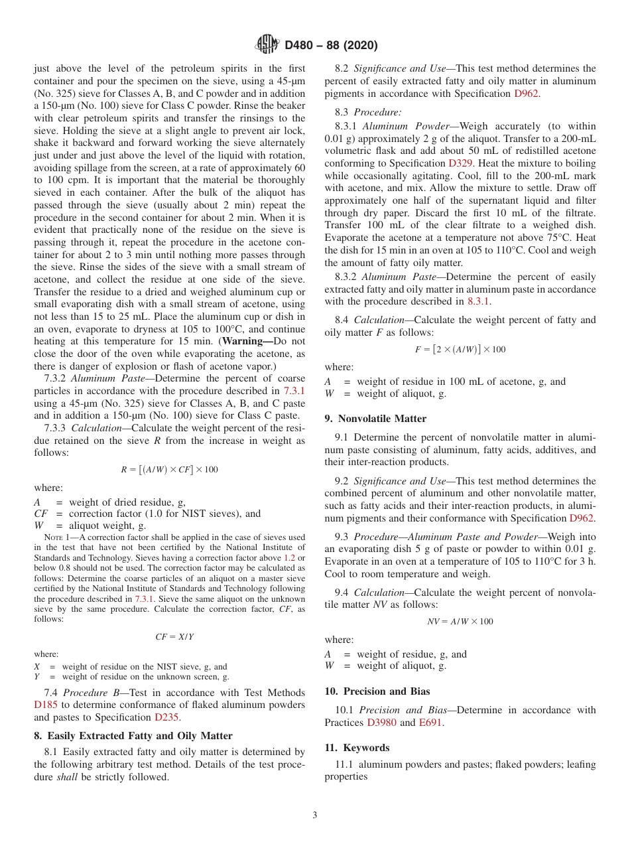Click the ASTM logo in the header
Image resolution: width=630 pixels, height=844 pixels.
[268, 45]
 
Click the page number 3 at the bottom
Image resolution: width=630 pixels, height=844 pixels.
[315, 815]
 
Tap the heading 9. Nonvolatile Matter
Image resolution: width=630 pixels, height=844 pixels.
[375, 418]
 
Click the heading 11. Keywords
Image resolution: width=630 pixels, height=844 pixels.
[357, 747]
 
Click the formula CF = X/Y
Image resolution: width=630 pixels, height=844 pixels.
[174, 636]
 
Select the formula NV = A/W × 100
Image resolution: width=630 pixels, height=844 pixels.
[460, 621]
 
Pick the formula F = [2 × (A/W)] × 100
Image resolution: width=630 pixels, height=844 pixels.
[460, 349]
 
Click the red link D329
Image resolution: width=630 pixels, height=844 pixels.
[457, 163]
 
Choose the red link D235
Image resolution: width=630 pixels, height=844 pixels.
[166, 717]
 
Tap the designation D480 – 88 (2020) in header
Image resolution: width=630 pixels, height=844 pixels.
[331, 46]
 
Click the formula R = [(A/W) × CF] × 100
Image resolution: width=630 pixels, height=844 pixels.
[169, 469]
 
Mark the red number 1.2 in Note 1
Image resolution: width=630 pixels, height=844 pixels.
[290, 558]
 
